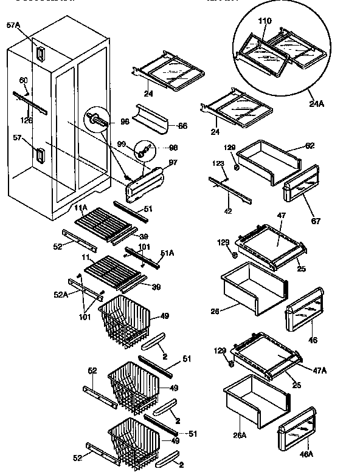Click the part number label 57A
pos(13,25)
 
